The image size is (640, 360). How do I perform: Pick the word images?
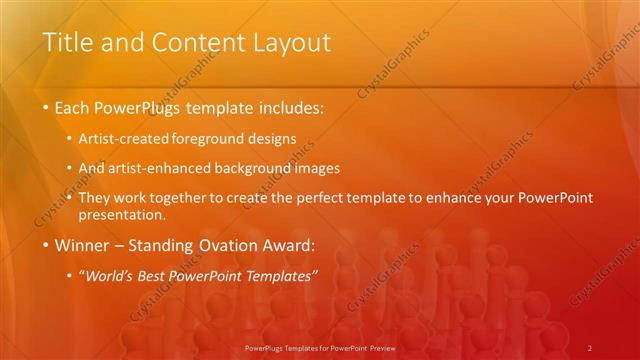pos(320,168)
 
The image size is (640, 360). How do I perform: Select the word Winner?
pos(81,245)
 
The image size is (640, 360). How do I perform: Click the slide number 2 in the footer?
pos(590,347)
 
